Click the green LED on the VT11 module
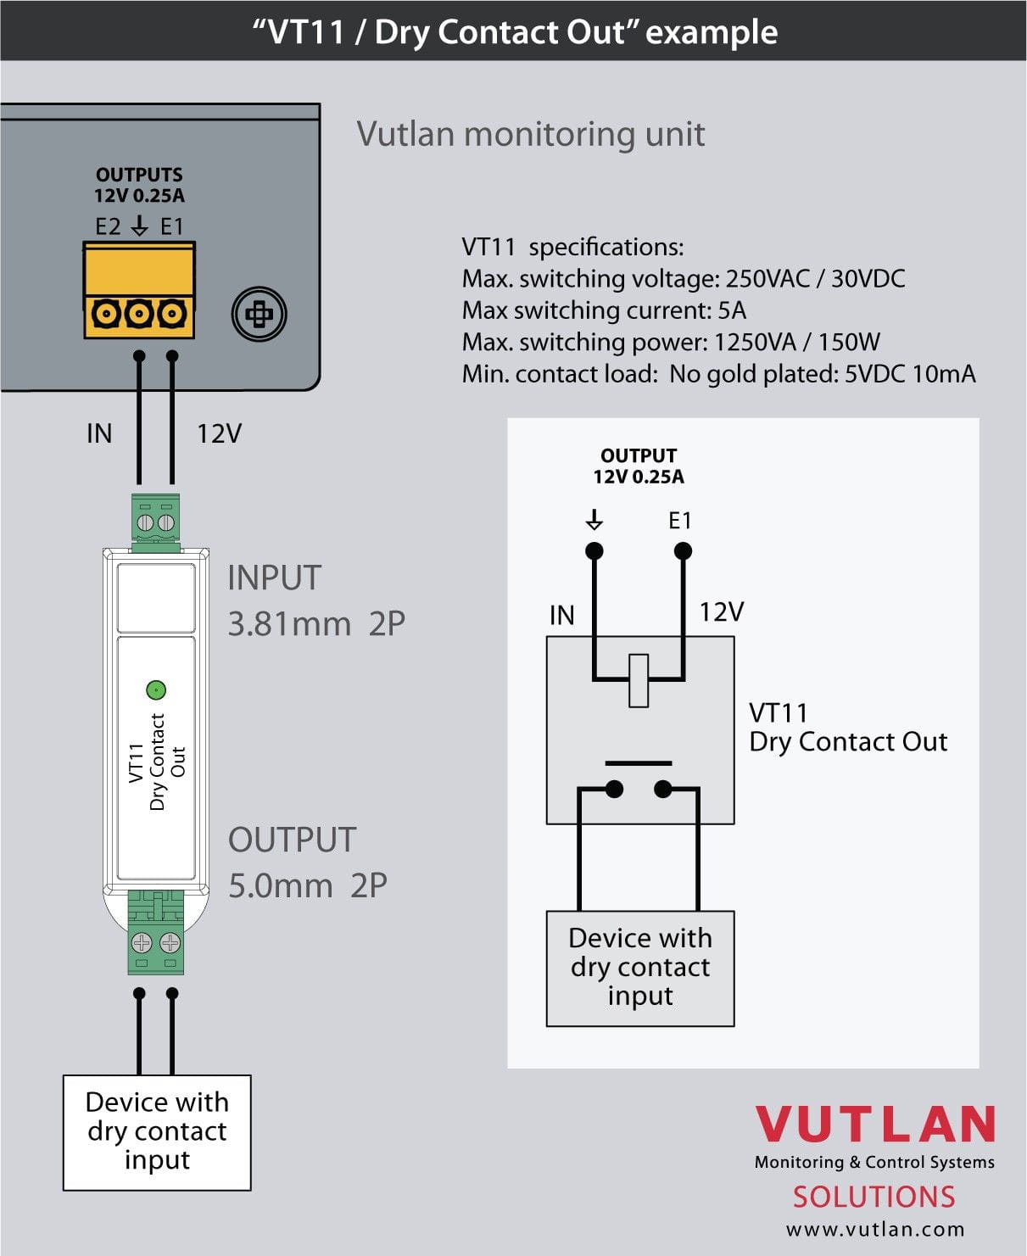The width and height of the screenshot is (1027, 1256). (156, 689)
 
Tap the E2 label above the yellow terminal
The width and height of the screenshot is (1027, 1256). (108, 226)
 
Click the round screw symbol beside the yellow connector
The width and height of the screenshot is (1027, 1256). (259, 314)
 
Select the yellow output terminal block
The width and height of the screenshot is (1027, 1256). (139, 291)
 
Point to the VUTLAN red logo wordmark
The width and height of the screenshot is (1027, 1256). (875, 1125)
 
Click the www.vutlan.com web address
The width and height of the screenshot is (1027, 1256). (875, 1229)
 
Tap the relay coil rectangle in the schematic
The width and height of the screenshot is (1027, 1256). (639, 680)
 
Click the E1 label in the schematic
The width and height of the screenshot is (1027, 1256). (680, 521)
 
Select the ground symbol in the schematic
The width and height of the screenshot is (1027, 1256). (594, 519)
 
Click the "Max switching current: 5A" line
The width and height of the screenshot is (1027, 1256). (604, 310)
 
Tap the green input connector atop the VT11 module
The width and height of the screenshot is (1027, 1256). (156, 521)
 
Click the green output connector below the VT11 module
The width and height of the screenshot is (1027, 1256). (156, 931)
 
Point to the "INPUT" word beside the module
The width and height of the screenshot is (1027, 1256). (274, 578)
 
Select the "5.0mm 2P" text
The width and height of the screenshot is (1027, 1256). (307, 885)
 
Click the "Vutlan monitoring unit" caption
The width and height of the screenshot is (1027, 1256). (530, 134)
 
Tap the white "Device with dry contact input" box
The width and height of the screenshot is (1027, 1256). (157, 1132)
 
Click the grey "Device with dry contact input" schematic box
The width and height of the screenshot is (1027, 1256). (640, 968)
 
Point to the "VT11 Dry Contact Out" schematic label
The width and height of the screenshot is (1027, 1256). (847, 727)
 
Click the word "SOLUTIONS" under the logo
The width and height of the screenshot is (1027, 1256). (874, 1197)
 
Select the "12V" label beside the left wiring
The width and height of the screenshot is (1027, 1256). (219, 434)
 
